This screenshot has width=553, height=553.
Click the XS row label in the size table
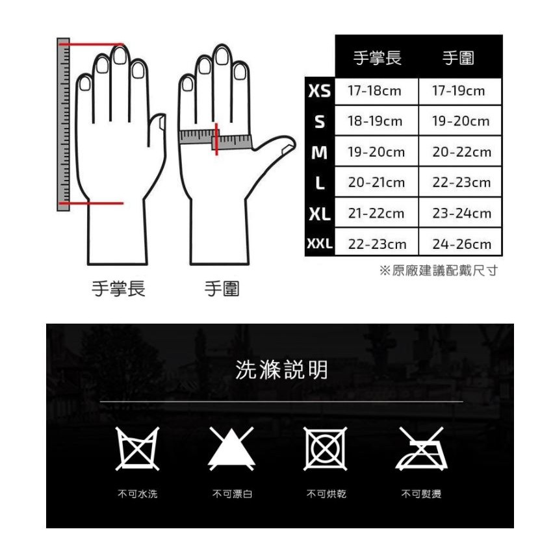(320, 91)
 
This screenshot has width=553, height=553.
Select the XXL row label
(320, 243)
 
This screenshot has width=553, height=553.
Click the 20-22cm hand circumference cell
(461, 152)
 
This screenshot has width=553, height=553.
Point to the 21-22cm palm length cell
(376, 213)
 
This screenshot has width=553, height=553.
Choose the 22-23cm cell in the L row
(461, 183)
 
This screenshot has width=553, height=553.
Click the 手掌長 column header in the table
(378, 58)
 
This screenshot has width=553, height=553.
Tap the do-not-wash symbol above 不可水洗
(138, 448)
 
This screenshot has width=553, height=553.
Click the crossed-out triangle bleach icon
(231, 448)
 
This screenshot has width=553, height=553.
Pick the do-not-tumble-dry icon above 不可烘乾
(325, 448)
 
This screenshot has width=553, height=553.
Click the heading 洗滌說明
(281, 370)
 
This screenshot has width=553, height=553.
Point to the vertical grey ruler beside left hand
(64, 125)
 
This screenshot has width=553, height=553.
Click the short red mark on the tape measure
(216, 139)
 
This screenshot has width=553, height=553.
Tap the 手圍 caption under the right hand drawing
(222, 289)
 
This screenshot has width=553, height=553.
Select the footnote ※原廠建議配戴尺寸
(439, 271)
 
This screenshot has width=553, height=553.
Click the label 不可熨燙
(422, 494)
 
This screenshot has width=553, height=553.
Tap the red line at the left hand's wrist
(92, 203)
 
